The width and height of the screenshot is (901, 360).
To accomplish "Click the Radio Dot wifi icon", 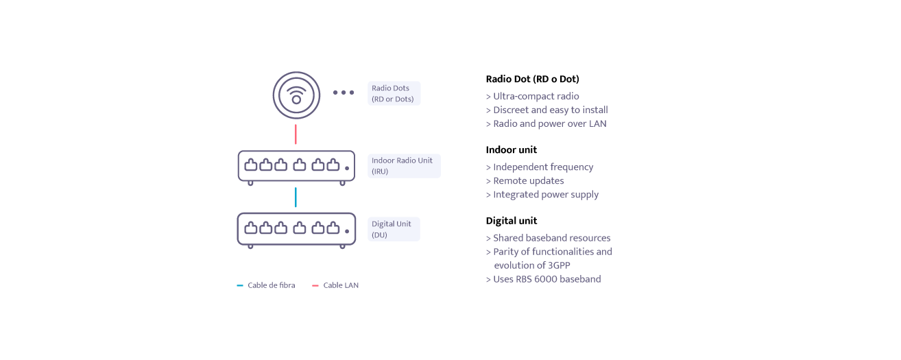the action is [x=296, y=95].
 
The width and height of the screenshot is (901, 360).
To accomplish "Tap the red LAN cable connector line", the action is [x=296, y=134].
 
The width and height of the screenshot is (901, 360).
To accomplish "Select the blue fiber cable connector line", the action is [x=296, y=197].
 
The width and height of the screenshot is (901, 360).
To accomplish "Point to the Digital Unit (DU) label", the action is [x=394, y=229].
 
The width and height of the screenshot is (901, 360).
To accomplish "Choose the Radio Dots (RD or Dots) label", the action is [x=394, y=93].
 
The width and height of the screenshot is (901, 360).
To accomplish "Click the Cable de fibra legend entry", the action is [x=266, y=285].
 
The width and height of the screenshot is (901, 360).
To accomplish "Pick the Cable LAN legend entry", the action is [x=335, y=285].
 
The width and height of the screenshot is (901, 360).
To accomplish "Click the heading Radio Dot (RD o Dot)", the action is [x=533, y=79].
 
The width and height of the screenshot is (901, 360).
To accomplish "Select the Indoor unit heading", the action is [x=512, y=149].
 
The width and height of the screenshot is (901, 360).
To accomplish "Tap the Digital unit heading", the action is [x=512, y=220].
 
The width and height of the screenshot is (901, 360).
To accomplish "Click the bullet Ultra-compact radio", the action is [x=533, y=96].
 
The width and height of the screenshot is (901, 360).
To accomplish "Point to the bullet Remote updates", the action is [x=525, y=180].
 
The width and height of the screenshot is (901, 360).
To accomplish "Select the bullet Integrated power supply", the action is [x=542, y=195].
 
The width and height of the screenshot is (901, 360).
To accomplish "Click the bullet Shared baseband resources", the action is [x=549, y=238].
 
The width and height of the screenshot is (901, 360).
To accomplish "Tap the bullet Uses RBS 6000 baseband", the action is [x=544, y=279].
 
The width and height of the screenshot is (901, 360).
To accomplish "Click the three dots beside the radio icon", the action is [x=344, y=93].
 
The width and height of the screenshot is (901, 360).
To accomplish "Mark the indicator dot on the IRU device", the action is [x=347, y=168].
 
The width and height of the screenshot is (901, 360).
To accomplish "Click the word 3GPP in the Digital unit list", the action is [x=559, y=265].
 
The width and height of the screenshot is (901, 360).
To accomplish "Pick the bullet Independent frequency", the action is [x=540, y=167].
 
